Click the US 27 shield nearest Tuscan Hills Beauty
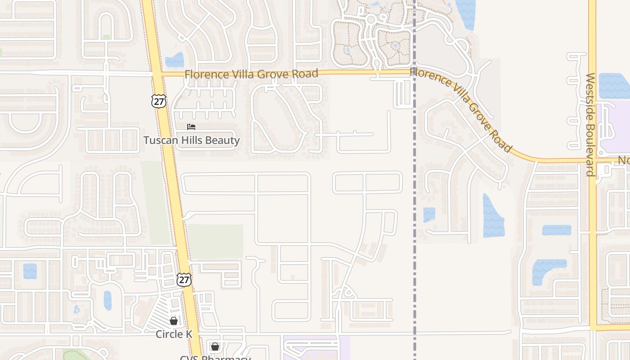click(158, 101)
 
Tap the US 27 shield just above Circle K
click(184, 279)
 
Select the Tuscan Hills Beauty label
click(192, 140)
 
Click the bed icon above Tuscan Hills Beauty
click(191, 127)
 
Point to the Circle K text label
click(174, 334)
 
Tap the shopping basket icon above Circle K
click(174, 321)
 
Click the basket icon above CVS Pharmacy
click(215, 346)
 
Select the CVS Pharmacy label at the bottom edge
click(215, 358)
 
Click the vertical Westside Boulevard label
click(590, 125)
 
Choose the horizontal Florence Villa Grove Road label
click(251, 74)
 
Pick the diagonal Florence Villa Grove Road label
click(461, 109)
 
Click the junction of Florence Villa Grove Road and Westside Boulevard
click(593, 160)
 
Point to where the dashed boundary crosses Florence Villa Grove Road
click(414, 72)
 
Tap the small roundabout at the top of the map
click(371, 19)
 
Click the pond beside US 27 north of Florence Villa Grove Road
click(175, 60)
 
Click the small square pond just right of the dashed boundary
click(429, 215)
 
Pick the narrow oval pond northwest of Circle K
click(108, 300)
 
